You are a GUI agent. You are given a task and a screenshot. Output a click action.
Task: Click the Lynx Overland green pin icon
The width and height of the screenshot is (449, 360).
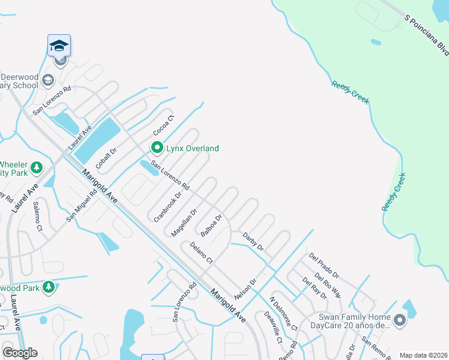[157, 147]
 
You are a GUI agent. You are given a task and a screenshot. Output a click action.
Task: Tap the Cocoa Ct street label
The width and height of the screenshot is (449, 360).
[163, 124]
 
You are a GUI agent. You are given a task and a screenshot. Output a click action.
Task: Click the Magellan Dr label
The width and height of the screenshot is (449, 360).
[184, 222]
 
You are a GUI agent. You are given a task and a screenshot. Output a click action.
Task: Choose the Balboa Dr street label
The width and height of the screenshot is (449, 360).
[212, 226]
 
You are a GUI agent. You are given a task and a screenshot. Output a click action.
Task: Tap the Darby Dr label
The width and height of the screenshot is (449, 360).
[253, 242]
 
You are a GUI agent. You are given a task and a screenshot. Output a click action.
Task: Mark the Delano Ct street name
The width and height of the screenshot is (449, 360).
[202, 253]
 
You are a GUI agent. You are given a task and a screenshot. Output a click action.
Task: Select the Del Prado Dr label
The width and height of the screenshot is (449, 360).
[324, 266]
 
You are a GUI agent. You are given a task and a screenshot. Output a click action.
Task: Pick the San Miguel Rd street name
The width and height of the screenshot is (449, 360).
[82, 206]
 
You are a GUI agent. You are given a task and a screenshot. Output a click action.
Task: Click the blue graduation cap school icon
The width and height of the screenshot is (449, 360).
[59, 46]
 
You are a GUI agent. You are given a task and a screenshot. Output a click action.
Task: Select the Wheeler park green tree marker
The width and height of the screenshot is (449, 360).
[37, 167]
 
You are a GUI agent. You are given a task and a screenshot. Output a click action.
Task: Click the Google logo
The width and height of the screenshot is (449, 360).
[20, 353]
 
